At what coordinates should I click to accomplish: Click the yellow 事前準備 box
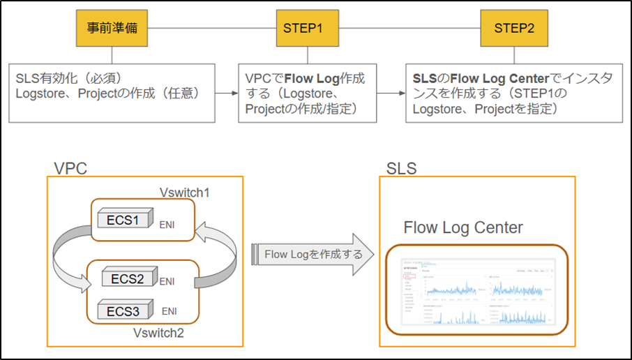[112, 29]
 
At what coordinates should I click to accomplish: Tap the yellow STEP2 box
[514, 29]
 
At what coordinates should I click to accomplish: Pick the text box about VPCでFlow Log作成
[306, 93]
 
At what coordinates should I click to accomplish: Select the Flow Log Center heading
[463, 227]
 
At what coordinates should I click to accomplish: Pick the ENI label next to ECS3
[170, 311]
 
